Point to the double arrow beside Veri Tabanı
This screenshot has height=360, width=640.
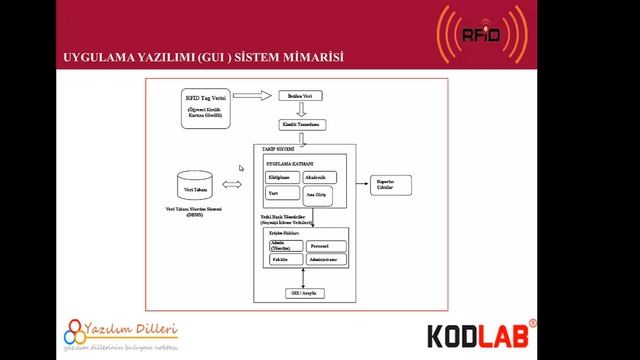click(232, 184)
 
